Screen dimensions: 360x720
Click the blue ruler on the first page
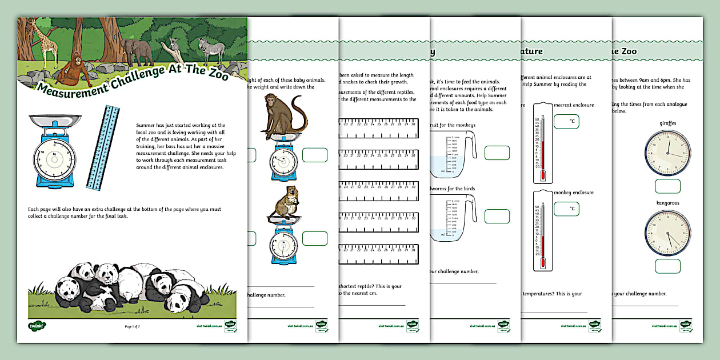[103, 147]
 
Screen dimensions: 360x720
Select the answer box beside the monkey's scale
[315, 155]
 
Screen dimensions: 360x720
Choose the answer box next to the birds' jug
[497, 216]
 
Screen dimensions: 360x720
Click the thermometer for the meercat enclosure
[541, 143]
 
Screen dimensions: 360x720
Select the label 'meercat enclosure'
[574, 105]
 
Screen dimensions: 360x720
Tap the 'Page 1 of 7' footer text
[132, 326]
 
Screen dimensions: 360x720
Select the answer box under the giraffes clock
[667, 186]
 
